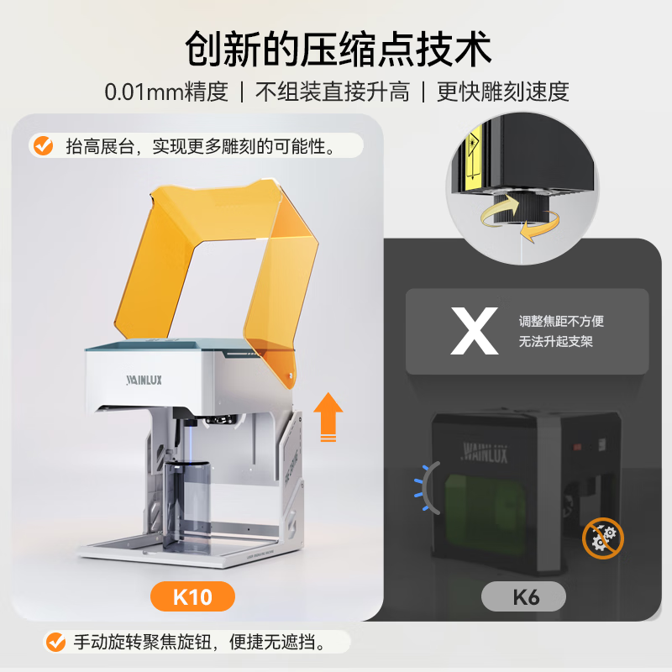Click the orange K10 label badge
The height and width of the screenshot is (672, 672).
click(x=192, y=597)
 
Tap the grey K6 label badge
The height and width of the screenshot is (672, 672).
click(x=523, y=597)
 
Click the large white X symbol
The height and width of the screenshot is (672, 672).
click(x=475, y=332)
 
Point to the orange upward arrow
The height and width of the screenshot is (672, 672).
click(x=328, y=417)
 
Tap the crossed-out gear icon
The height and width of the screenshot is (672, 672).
click(x=603, y=538)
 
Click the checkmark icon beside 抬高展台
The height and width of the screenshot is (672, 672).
click(x=42, y=146)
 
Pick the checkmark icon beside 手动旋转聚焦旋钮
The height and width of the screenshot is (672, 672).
click(x=56, y=643)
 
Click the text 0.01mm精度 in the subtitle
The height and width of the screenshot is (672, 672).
click(x=166, y=92)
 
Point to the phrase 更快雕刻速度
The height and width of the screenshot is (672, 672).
click(x=502, y=92)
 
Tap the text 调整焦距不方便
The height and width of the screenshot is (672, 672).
click(x=561, y=321)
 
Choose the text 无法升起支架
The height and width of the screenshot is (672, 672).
click(x=555, y=343)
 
